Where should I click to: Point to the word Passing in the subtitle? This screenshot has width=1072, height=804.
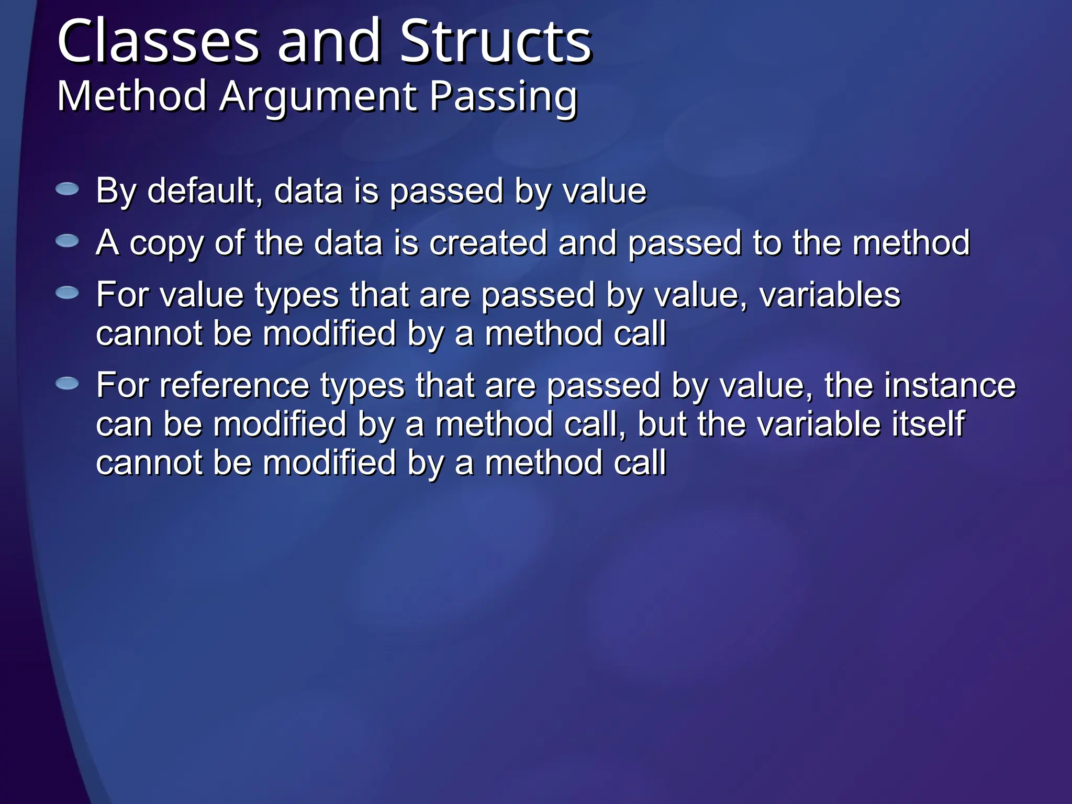pyautogui.click(x=504, y=97)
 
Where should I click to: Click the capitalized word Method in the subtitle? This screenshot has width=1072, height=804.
pyautogui.click(x=131, y=96)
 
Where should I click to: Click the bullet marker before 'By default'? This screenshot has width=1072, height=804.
pyautogui.click(x=67, y=189)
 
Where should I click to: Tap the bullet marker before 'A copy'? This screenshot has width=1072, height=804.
pyautogui.click(x=67, y=241)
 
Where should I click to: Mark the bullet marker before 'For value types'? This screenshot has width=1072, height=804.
pyautogui.click(x=67, y=293)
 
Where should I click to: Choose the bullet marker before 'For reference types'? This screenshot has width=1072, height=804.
pyautogui.click(x=67, y=384)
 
